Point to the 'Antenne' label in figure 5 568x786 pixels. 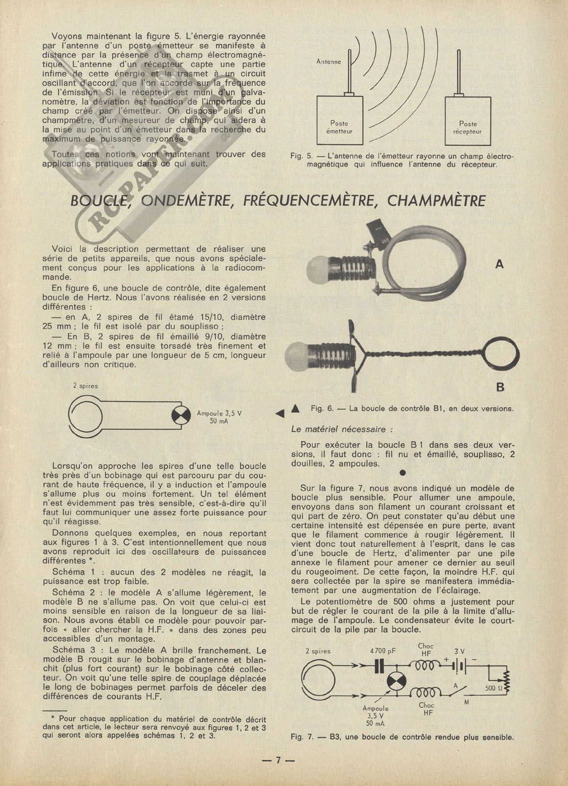[329, 62]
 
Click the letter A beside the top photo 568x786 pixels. [499, 264]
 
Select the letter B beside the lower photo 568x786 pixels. [500, 387]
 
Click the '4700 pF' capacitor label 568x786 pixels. [383, 651]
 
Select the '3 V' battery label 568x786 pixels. [459, 651]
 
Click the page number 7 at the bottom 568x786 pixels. [278, 761]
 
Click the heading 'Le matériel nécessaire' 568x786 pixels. [342, 429]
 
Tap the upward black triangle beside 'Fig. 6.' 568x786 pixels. [295, 408]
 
